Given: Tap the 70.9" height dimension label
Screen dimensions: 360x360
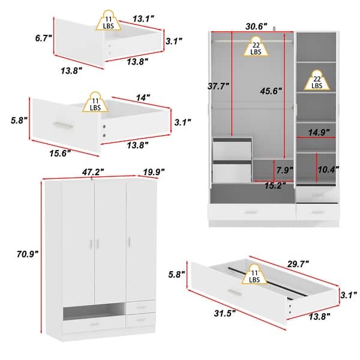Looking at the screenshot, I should [x=28, y=254].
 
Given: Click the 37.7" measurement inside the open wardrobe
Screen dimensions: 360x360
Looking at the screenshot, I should [x=217, y=86].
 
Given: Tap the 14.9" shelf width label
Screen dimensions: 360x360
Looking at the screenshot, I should [x=317, y=132].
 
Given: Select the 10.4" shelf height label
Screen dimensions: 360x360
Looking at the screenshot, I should [x=328, y=169].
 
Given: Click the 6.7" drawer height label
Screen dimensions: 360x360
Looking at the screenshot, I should [x=43, y=38].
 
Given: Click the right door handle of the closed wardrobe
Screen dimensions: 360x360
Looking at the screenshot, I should [x=128, y=242].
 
